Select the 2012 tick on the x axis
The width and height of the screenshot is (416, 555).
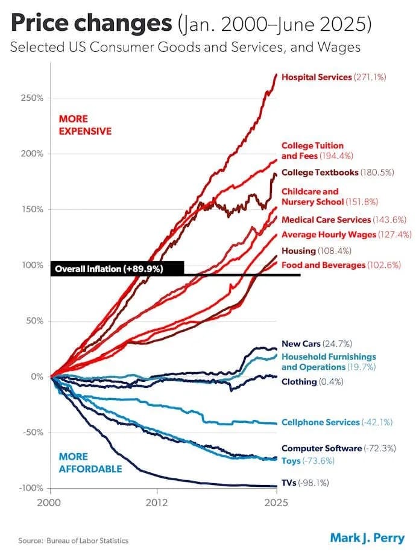click(x=157, y=501)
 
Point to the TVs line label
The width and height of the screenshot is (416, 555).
click(x=306, y=483)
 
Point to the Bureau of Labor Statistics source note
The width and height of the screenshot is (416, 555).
click(x=74, y=541)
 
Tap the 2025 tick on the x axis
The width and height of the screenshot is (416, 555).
click(x=276, y=501)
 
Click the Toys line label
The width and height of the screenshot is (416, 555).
click(x=307, y=461)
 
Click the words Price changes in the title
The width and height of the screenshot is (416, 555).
click(x=90, y=24)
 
